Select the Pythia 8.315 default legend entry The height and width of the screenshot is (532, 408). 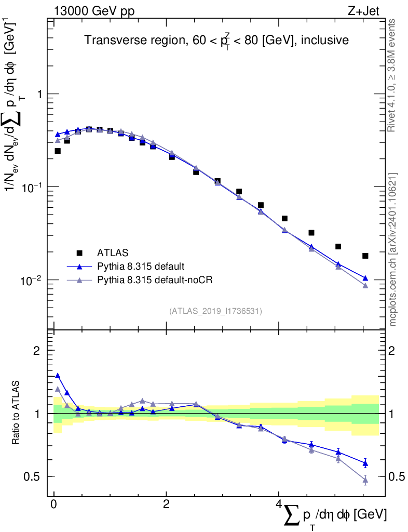click(140, 267)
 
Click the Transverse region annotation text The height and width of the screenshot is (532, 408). click(216, 41)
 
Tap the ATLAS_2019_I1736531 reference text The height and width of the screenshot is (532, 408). click(215, 311)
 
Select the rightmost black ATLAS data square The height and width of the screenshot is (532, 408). click(365, 256)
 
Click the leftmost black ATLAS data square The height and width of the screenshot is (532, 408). click(58, 151)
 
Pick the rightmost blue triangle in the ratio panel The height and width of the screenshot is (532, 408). click(365, 463)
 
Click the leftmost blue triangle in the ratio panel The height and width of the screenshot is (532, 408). click(58, 375)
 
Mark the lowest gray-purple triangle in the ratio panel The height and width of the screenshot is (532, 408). click(365, 480)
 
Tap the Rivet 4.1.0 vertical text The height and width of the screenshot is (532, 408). click(393, 75)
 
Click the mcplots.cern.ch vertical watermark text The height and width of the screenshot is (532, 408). click(393, 249)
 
